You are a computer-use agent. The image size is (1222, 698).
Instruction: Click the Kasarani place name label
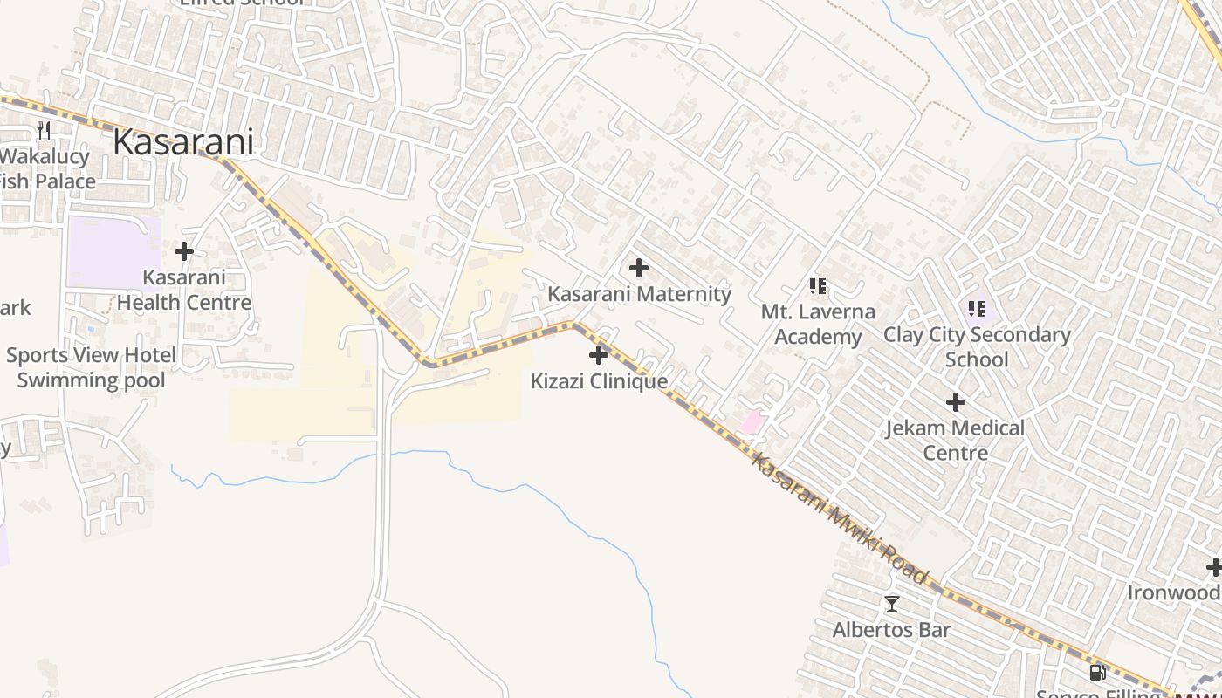click(183, 142)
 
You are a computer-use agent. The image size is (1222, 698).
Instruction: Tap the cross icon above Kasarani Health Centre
click(183, 251)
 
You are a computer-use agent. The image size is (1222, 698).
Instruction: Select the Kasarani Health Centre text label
click(184, 291)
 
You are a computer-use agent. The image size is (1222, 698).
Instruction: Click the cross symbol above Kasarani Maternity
click(639, 268)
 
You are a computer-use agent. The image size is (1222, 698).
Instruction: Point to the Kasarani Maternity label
click(639, 294)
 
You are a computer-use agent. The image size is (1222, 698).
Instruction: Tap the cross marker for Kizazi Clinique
click(599, 355)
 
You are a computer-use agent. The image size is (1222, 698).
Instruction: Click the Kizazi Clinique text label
click(599, 381)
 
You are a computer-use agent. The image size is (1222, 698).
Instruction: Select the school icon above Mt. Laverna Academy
click(818, 285)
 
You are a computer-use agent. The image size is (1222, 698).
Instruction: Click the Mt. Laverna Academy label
click(818, 324)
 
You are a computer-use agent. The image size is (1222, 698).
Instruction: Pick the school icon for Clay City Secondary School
click(977, 308)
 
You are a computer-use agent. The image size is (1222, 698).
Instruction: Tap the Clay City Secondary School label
click(977, 346)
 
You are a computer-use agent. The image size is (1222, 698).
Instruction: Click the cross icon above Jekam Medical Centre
click(956, 402)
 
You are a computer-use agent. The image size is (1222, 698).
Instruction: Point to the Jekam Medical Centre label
click(956, 441)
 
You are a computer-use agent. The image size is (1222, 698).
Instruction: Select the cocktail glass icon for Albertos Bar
click(891, 603)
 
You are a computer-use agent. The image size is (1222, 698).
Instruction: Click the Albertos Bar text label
click(891, 630)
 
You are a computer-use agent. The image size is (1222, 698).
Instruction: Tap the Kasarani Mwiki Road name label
click(839, 520)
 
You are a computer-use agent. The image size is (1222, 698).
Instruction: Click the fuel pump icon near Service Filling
click(1097, 673)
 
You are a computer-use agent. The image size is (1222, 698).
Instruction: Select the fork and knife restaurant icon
click(44, 131)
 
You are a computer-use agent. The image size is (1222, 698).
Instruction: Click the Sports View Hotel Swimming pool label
click(91, 367)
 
